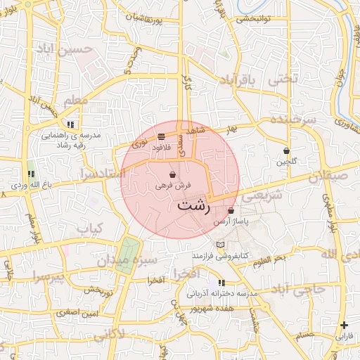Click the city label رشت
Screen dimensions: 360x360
pyautogui.click(x=193, y=206)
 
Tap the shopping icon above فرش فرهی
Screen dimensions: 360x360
pyautogui.click(x=172, y=175)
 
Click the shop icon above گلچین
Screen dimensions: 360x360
pyautogui.click(x=286, y=151)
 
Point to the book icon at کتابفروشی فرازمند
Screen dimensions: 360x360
pyautogui.click(x=221, y=244)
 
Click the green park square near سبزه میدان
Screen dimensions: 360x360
pyautogui.click(x=129, y=252)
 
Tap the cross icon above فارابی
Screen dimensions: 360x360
pyautogui.click(x=344, y=325)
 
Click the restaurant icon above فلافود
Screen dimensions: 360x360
pyautogui.click(x=162, y=136)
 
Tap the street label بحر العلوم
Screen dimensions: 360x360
pyautogui.click(x=269, y=259)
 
